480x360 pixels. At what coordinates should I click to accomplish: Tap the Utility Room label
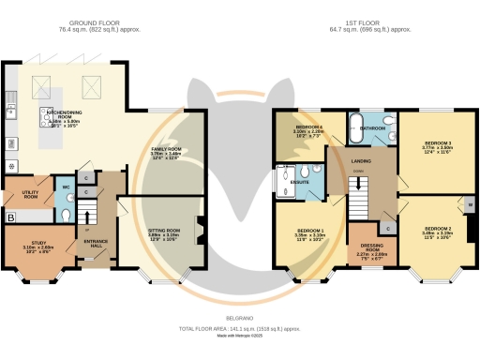point(31,194)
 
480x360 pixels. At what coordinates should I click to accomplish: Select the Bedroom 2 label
point(436,229)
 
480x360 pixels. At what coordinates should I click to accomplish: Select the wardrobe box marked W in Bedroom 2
point(469,204)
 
